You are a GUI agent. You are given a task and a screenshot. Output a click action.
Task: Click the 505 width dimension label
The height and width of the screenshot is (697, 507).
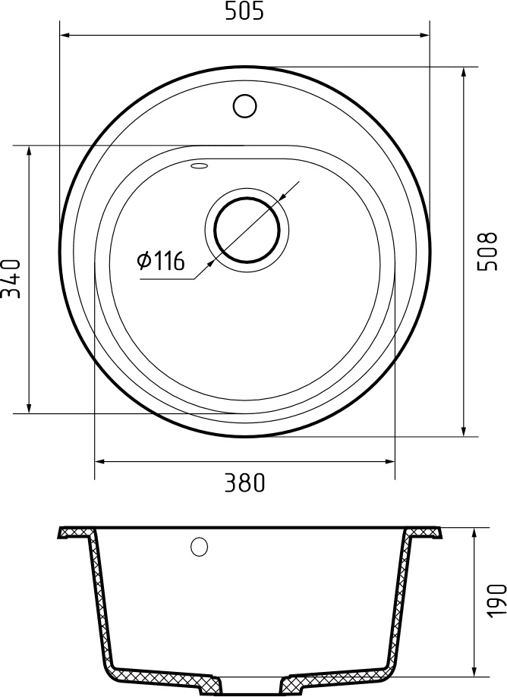244,12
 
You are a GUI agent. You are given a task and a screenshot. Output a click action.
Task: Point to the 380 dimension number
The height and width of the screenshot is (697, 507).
244,482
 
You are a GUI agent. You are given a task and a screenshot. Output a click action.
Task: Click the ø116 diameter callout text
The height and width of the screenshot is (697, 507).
160,262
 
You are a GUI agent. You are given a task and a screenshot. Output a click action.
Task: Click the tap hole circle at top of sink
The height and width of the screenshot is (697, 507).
244,105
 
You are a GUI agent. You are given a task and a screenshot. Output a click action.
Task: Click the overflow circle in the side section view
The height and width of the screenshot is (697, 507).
200,546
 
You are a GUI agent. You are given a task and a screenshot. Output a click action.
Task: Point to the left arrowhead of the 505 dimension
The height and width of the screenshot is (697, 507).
65,34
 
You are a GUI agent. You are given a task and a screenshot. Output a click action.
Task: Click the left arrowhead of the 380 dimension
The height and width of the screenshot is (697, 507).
99,460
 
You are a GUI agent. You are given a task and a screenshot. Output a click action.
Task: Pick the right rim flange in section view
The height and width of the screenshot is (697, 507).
425,532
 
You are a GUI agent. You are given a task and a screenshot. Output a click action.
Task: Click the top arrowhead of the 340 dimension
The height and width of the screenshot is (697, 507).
29,150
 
